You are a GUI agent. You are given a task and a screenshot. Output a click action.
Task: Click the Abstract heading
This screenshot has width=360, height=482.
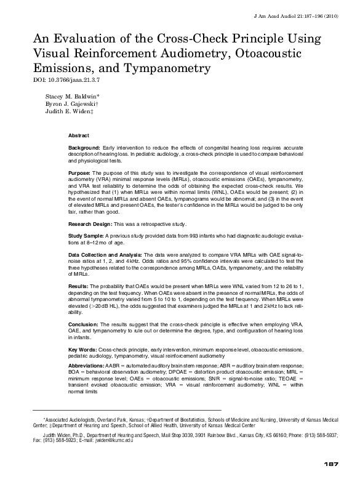pos(78,135)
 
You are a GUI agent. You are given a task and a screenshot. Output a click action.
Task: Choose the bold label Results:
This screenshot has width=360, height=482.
pos(79,286)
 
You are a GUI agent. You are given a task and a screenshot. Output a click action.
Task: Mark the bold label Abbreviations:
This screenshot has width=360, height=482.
pos(86,366)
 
